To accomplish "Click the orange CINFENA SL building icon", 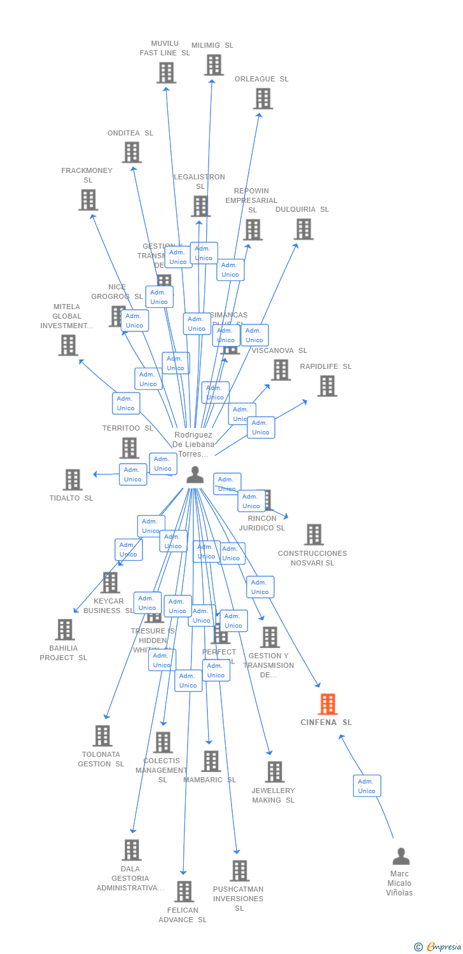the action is click(328, 704).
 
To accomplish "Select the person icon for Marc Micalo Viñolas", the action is click(401, 856).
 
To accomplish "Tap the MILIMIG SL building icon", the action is click(214, 65).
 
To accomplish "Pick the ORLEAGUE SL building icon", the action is click(263, 99).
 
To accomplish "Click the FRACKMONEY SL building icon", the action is click(88, 200).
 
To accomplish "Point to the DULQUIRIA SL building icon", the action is click(303, 229).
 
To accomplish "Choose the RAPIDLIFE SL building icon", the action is click(327, 386).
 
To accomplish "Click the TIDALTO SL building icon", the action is click(73, 480).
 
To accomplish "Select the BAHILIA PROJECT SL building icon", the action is click(65, 630).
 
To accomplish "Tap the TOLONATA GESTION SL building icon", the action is click(102, 736).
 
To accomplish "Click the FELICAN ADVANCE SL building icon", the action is click(184, 892).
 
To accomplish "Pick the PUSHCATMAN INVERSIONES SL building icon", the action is click(239, 871).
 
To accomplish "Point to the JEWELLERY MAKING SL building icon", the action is click(274, 772).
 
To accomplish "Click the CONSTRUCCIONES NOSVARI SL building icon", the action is click(314, 535).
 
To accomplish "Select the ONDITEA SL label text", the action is click(130, 133).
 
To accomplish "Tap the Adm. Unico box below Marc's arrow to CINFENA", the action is click(367, 786).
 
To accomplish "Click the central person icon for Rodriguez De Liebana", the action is click(195, 475).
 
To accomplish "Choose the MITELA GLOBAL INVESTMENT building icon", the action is click(68, 345).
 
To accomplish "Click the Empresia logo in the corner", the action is click(438, 947).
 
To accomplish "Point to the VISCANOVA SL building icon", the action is click(280, 370).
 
